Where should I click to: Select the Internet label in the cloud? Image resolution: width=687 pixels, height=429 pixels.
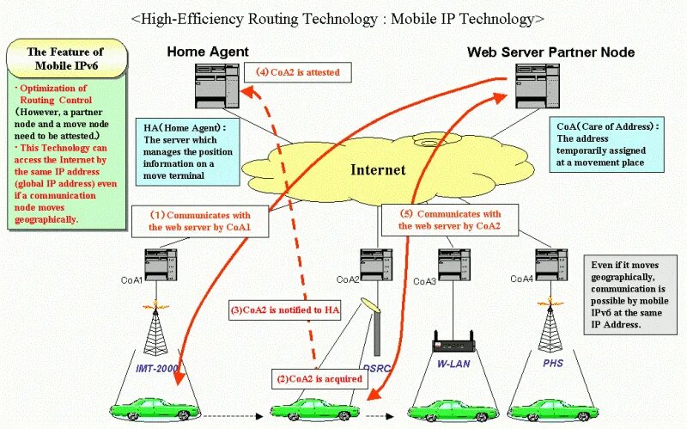coord(377,169)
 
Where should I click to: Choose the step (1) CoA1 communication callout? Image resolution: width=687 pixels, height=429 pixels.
coord(201,220)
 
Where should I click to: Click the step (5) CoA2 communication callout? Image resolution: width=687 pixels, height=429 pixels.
coord(449,220)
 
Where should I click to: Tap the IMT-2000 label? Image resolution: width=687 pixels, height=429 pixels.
coord(156,369)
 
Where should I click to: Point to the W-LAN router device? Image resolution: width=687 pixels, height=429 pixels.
coord(453,344)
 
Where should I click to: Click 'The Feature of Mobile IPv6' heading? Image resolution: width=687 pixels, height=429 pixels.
coord(66,58)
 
